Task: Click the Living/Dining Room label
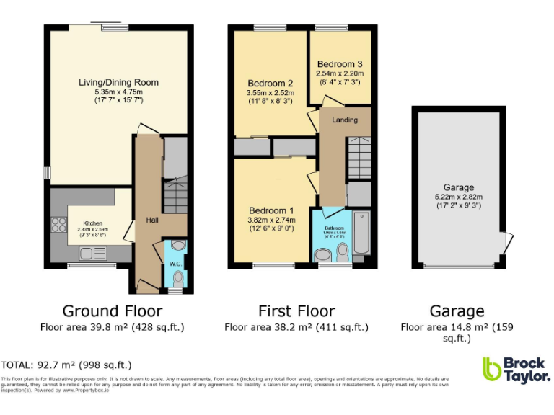click(x=118, y=82)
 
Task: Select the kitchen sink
click(x=89, y=253)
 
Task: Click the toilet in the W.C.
click(x=177, y=277)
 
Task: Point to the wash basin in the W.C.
click(x=178, y=246)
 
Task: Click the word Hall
click(x=153, y=220)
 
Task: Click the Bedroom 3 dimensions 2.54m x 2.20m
click(x=340, y=73)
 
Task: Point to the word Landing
click(x=344, y=120)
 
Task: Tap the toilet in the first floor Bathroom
click(x=342, y=251)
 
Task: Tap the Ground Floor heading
click(x=112, y=311)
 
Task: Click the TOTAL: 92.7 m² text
click(x=66, y=365)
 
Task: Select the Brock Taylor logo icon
click(x=492, y=369)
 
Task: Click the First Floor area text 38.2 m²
click(x=296, y=327)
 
